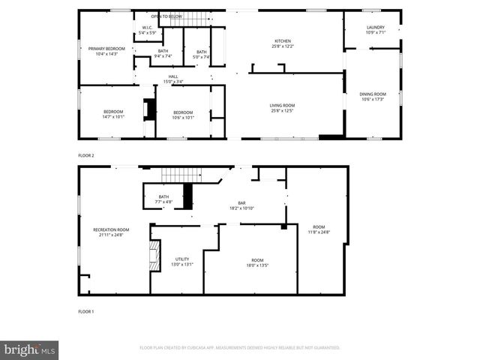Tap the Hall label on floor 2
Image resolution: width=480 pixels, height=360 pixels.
[x=173, y=79]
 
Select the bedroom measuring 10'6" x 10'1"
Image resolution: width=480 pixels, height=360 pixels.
[x=183, y=114]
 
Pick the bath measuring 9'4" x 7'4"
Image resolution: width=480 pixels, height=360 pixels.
[x=163, y=53]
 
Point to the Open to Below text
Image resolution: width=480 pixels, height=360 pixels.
[x=166, y=16]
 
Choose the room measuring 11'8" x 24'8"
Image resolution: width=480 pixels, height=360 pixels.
[x=319, y=229]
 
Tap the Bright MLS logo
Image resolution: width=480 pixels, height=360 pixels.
[x=30, y=349]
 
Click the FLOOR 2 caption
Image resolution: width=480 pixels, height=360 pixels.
[x=86, y=155]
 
